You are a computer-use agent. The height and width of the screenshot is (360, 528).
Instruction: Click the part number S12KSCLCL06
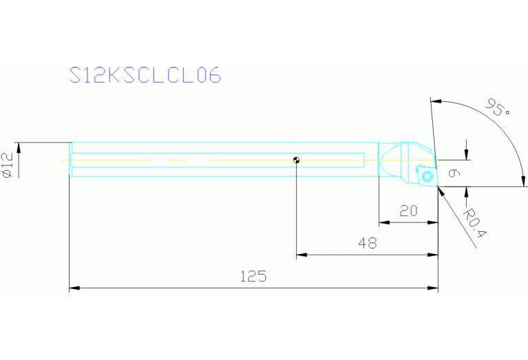point(146,75)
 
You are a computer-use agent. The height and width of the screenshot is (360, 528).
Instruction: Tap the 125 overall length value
point(253,277)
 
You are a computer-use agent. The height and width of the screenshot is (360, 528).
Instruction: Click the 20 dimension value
point(409,211)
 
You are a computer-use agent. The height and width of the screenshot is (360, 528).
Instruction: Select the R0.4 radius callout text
point(475,224)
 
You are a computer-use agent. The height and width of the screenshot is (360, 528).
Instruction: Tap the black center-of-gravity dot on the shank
point(296,160)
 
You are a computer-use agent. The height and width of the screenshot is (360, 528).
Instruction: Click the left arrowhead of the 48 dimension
point(301,255)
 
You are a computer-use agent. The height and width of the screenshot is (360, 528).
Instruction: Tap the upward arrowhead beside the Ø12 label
point(20,147)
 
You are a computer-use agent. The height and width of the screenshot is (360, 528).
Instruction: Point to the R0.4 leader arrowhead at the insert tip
point(441,191)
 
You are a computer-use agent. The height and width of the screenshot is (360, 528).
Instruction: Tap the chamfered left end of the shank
point(70,160)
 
